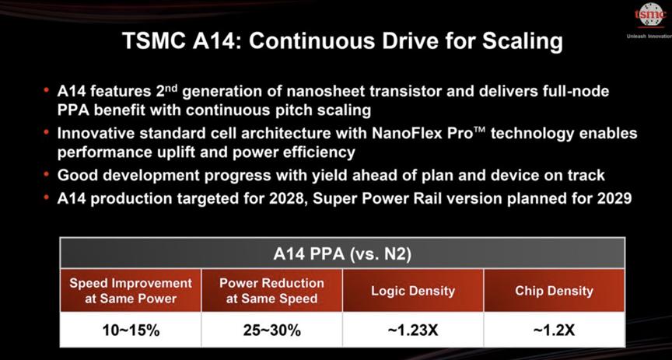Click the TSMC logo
pos(650,15)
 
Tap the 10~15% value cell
pos(131,330)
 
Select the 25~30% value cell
pos(271,330)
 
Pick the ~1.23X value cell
pos(413,330)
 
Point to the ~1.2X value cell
pos(554,330)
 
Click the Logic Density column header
pos(413,291)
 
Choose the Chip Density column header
pos(554,291)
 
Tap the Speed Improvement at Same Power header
pos(131,291)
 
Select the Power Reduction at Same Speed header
pos(271,291)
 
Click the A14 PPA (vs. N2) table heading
pos(342,253)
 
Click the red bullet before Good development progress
pos(47,173)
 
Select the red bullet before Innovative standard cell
pos(47,131)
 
